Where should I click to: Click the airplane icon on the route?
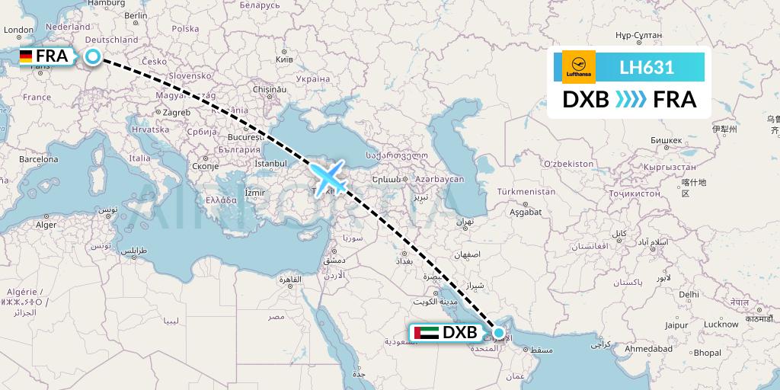[328, 177]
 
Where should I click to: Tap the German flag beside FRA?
[26, 56]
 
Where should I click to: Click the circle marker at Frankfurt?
[92, 56]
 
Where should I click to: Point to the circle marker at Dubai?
[499, 332]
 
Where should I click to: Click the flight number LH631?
[647, 67]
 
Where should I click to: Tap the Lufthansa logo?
[577, 67]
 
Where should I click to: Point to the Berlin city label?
[136, 15]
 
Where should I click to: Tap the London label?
[19, 30]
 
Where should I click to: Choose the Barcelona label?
[39, 160]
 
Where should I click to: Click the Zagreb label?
[174, 112]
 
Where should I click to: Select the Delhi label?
[689, 293]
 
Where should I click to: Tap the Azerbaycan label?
[440, 178]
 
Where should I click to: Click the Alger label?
[46, 225]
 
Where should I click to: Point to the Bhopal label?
[708, 353]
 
